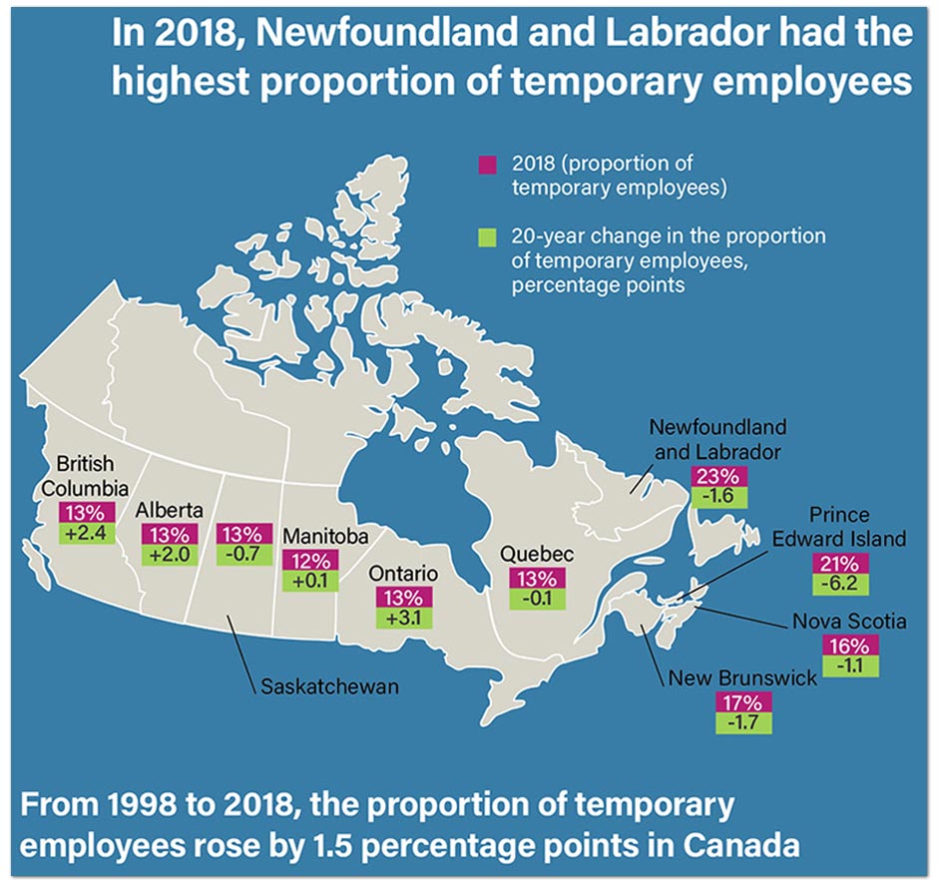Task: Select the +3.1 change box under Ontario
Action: pos(398,619)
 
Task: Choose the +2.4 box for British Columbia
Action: pos(88,532)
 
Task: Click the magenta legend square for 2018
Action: pos(487,164)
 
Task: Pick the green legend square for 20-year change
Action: pos(487,237)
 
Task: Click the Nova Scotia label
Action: pos(848,622)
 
